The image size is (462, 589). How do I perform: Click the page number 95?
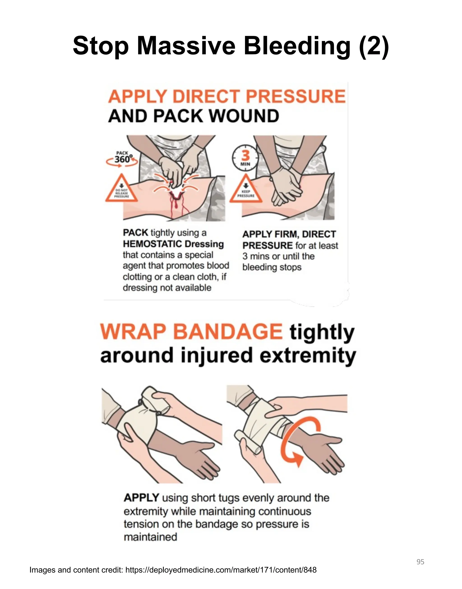click(x=420, y=562)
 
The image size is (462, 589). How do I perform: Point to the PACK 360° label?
click(x=122, y=158)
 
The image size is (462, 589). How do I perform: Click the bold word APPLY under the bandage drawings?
click(x=141, y=498)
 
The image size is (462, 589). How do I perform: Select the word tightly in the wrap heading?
click(x=322, y=332)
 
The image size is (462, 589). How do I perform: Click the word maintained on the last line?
click(x=150, y=537)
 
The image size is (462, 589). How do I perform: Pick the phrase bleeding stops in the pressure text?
click(x=272, y=267)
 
